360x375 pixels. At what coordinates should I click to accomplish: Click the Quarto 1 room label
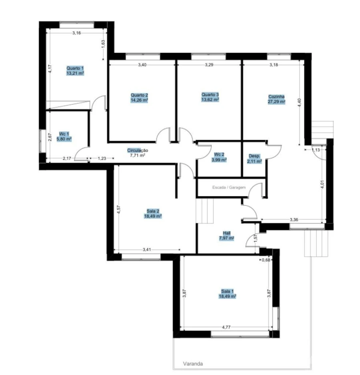[75, 68]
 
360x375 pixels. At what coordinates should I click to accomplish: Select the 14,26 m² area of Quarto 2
[139, 100]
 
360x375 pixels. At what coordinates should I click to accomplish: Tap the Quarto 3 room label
[210, 94]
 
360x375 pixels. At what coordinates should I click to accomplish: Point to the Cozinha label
[276, 96]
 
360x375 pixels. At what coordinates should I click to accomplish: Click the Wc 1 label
[64, 134]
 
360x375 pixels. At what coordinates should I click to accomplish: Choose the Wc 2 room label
[219, 154]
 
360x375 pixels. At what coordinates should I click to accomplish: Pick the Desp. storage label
[254, 156]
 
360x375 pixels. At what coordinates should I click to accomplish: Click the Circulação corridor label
[138, 150]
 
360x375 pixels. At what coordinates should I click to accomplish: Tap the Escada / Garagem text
[229, 187]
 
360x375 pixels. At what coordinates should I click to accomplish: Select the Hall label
[227, 233]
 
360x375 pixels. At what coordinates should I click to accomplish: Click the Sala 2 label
[153, 211]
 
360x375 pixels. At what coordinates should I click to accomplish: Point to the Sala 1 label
[227, 291]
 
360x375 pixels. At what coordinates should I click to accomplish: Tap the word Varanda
[193, 363]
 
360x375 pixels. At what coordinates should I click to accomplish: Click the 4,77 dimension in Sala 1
[226, 327]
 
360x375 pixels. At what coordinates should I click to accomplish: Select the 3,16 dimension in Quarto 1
[76, 33]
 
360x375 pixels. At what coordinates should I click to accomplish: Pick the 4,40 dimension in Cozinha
[300, 103]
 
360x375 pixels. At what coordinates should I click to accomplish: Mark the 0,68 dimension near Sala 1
[266, 260]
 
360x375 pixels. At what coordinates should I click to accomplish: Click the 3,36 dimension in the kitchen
[294, 219]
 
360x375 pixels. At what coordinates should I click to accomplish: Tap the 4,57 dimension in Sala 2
[118, 209]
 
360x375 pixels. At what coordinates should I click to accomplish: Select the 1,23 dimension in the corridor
[102, 158]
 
